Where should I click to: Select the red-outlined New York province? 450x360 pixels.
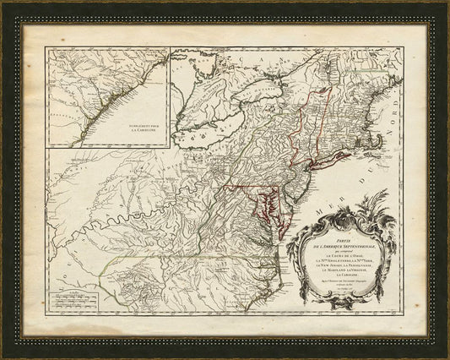click(295, 127)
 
